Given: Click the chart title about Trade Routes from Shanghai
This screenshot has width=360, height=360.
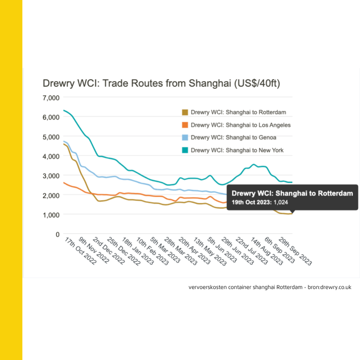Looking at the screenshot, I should pyautogui.click(x=162, y=84).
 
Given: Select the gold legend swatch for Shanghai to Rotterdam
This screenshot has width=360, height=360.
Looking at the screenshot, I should pyautogui.click(x=184, y=112).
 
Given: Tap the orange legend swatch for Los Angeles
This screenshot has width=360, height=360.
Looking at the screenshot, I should pyautogui.click(x=184, y=125).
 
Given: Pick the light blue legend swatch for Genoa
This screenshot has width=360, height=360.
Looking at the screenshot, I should pyautogui.click(x=184, y=138).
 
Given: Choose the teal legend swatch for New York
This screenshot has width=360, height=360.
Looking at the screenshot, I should pyautogui.click(x=184, y=150).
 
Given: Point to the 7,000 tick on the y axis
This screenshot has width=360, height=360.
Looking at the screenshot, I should pyautogui.click(x=51, y=98).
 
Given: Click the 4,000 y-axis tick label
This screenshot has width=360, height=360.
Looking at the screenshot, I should pyautogui.click(x=51, y=156).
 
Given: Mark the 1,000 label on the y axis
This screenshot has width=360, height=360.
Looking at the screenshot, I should pyautogui.click(x=51, y=215).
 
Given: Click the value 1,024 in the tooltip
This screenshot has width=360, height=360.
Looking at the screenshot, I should pyautogui.click(x=282, y=202).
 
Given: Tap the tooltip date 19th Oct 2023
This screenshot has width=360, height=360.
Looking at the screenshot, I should pyautogui.click(x=251, y=202).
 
